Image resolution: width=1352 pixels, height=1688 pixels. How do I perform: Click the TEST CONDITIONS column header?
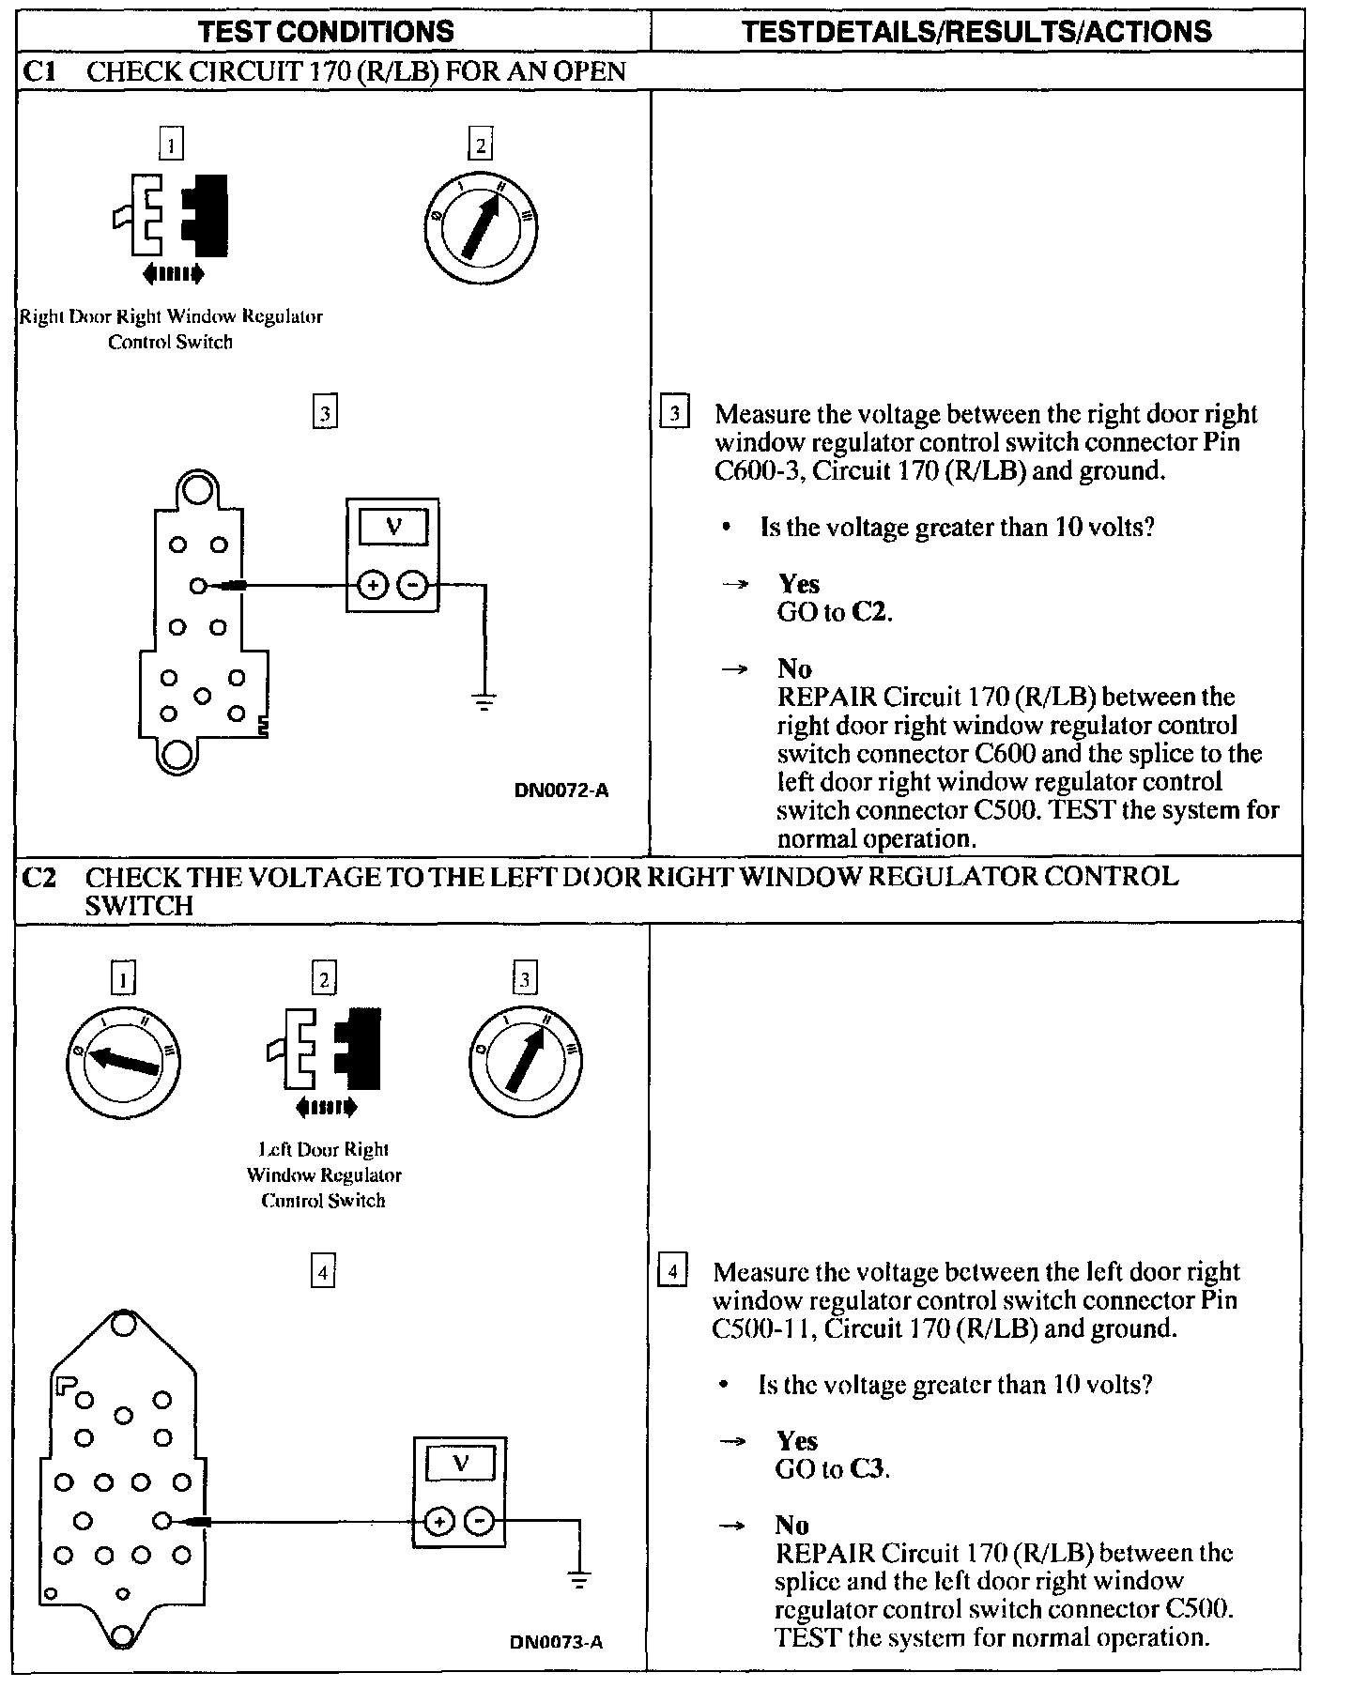pos(326,31)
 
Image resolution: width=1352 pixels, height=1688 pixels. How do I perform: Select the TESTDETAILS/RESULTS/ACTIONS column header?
pos(976,31)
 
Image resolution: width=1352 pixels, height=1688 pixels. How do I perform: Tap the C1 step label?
pos(39,71)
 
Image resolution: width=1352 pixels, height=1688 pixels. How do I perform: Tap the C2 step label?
pos(39,877)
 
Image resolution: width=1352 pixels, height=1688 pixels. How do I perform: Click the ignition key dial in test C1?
pos(480,225)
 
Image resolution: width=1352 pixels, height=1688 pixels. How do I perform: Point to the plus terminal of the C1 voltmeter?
pos(373,586)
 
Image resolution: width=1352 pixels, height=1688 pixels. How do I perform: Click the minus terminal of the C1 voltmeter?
pos(412,586)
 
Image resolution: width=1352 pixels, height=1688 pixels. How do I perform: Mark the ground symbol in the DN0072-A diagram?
pos(484,700)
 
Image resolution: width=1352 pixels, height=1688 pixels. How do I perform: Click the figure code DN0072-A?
pos(561,790)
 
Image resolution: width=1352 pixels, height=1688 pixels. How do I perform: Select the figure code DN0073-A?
pos(556,1642)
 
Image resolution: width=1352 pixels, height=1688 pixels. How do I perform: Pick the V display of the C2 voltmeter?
pos(460,1463)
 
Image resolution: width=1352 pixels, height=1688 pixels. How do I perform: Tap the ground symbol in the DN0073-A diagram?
pos(579,1581)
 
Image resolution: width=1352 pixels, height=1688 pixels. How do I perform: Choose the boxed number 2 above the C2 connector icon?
pos(324,980)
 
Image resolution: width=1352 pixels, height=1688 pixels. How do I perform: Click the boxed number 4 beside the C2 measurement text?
pos(672,1272)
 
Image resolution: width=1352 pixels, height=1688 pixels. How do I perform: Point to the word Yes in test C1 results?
pos(798,584)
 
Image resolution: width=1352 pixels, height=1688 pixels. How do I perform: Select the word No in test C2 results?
pos(792,1525)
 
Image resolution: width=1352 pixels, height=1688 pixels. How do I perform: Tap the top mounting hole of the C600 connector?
pos(197,489)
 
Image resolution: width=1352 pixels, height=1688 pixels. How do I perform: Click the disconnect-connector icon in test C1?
pos(171,217)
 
